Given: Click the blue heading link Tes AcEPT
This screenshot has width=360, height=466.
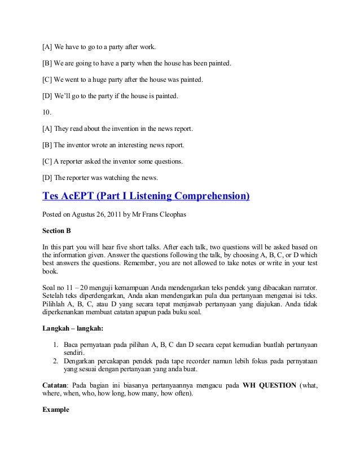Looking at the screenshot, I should click(146, 197).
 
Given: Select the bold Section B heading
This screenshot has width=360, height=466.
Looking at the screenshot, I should click(56, 231).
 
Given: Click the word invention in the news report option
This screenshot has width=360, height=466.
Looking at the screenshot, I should click(125, 129).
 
